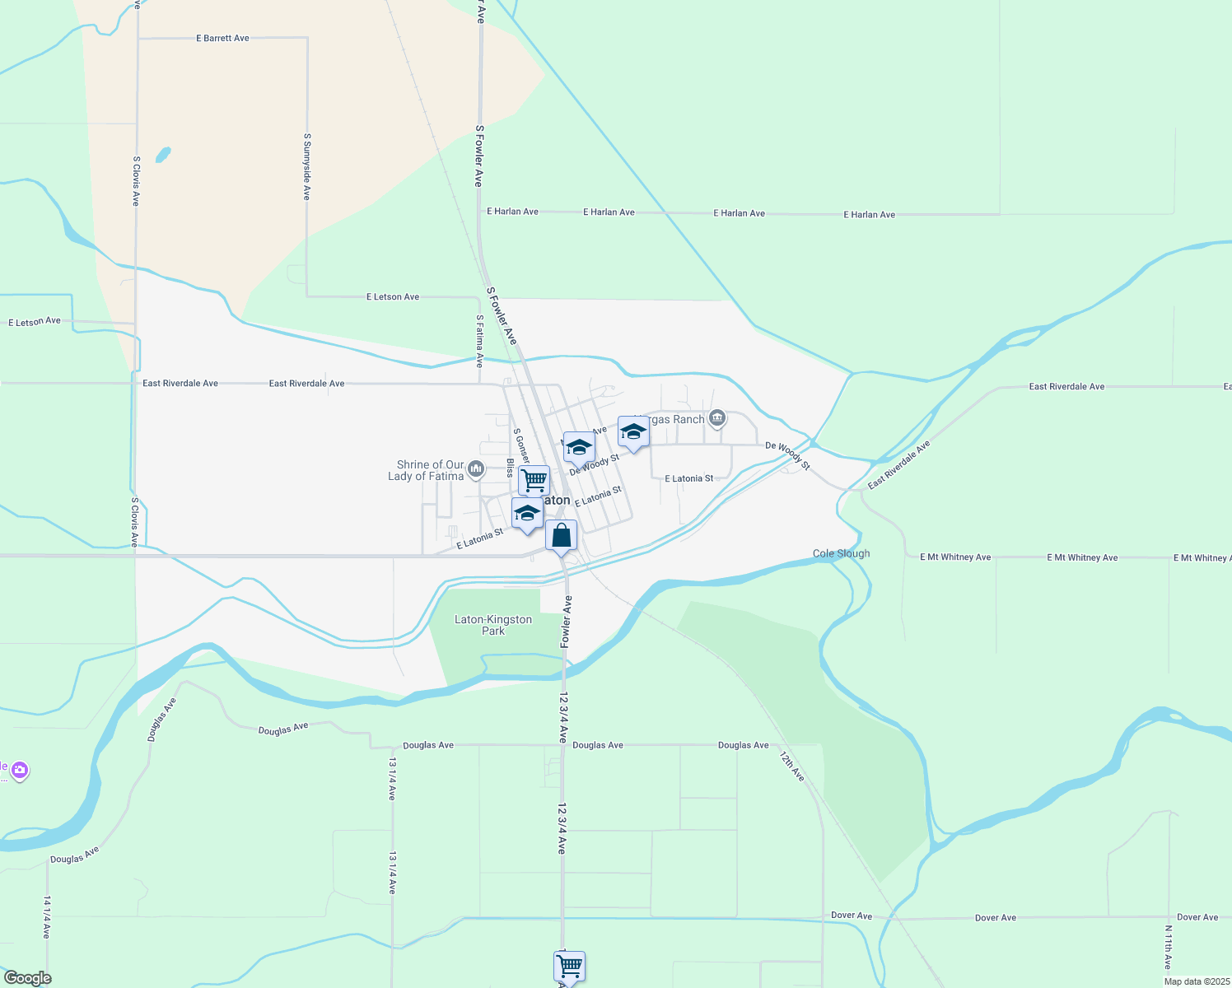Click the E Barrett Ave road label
point(222,38)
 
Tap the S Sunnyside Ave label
point(306,167)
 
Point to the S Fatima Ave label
point(479,341)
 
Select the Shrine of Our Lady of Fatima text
point(426,470)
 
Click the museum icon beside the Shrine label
point(475,469)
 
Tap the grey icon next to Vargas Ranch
point(717,419)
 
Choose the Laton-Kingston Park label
point(493,625)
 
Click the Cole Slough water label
point(841,553)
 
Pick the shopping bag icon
point(562,536)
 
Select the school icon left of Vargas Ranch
point(632,431)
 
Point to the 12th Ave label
point(792,766)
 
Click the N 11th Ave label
point(1168,947)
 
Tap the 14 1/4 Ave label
point(47,916)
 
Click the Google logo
point(27,978)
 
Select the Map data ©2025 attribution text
point(1195,981)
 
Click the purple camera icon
point(20,771)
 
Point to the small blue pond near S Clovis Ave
point(163,154)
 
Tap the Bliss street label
point(511,468)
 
